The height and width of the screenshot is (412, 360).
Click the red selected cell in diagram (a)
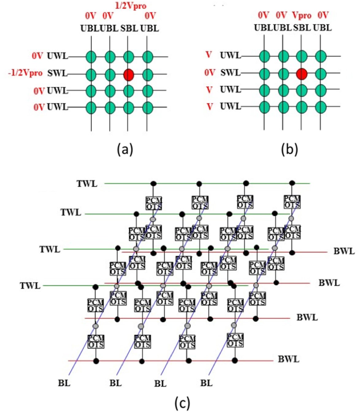[129, 74]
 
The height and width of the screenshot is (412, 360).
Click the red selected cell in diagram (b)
[302, 74]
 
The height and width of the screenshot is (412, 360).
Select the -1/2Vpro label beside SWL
[25, 74]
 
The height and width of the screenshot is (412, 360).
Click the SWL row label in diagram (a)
[57, 74]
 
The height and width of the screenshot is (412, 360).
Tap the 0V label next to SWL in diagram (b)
[210, 73]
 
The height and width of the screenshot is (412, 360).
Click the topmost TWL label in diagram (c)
[87, 184]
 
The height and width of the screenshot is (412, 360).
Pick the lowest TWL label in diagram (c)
[30, 286]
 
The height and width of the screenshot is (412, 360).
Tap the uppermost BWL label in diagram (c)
[344, 251]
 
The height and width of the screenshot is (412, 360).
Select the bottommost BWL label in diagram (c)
[289, 359]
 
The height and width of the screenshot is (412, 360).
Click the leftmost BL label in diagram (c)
[64, 383]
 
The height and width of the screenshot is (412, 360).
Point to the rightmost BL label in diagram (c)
[206, 383]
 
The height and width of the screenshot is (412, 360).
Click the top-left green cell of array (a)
[91, 57]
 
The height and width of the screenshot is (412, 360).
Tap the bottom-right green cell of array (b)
[321, 107]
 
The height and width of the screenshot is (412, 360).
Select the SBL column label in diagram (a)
[129, 29]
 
